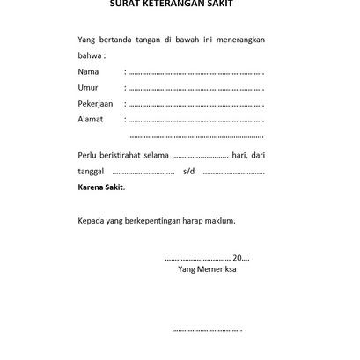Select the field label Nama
(88, 71)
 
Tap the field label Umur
(88, 87)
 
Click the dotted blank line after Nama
(195, 72)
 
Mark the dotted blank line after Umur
(195, 88)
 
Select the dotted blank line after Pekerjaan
(195, 104)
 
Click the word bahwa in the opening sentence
(90, 55)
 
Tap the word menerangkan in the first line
(239, 40)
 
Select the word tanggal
(92, 172)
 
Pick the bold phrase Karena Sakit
(101, 187)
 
